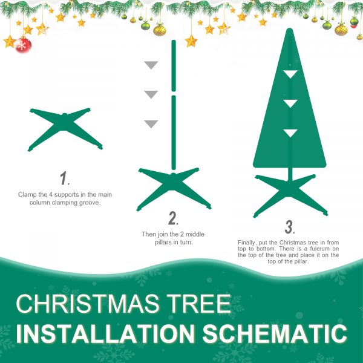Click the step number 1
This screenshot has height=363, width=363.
(64, 178)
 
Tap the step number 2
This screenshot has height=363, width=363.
(173, 218)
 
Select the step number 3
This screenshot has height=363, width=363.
(289, 227)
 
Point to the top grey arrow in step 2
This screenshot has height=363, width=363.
(151, 65)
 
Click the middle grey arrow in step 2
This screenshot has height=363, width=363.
(151, 94)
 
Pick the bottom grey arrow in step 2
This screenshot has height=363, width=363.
(151, 124)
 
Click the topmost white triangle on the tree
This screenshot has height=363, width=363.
(291, 73)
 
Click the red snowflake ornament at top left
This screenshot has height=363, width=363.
(23, 45)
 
